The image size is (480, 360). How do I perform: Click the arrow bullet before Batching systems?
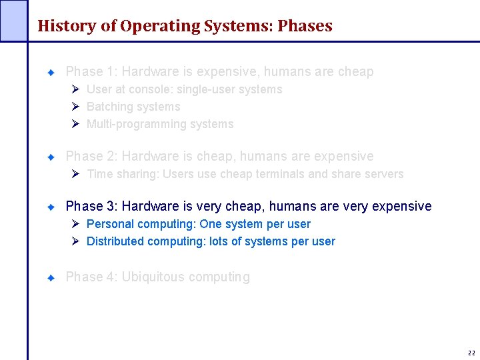pyautogui.click(x=75, y=107)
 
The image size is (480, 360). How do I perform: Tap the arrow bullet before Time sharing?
pyautogui.click(x=75, y=174)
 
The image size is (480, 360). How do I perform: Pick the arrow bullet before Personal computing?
pyautogui.click(x=75, y=224)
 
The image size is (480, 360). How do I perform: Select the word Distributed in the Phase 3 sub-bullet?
pyautogui.click(x=115, y=241)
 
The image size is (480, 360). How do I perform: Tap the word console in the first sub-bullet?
pyautogui.click(x=147, y=89)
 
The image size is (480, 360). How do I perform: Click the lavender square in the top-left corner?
pyautogui.click(x=13, y=20)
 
